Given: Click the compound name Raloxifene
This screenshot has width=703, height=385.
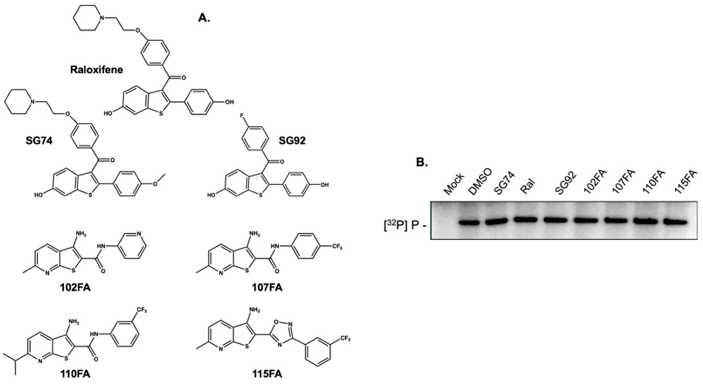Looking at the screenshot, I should tap(96, 70).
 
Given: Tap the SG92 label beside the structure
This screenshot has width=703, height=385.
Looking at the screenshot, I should tap(292, 141).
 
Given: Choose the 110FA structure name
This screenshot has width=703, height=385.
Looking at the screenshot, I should tap(75, 374).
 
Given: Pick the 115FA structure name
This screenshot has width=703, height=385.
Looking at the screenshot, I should tap(267, 374).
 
